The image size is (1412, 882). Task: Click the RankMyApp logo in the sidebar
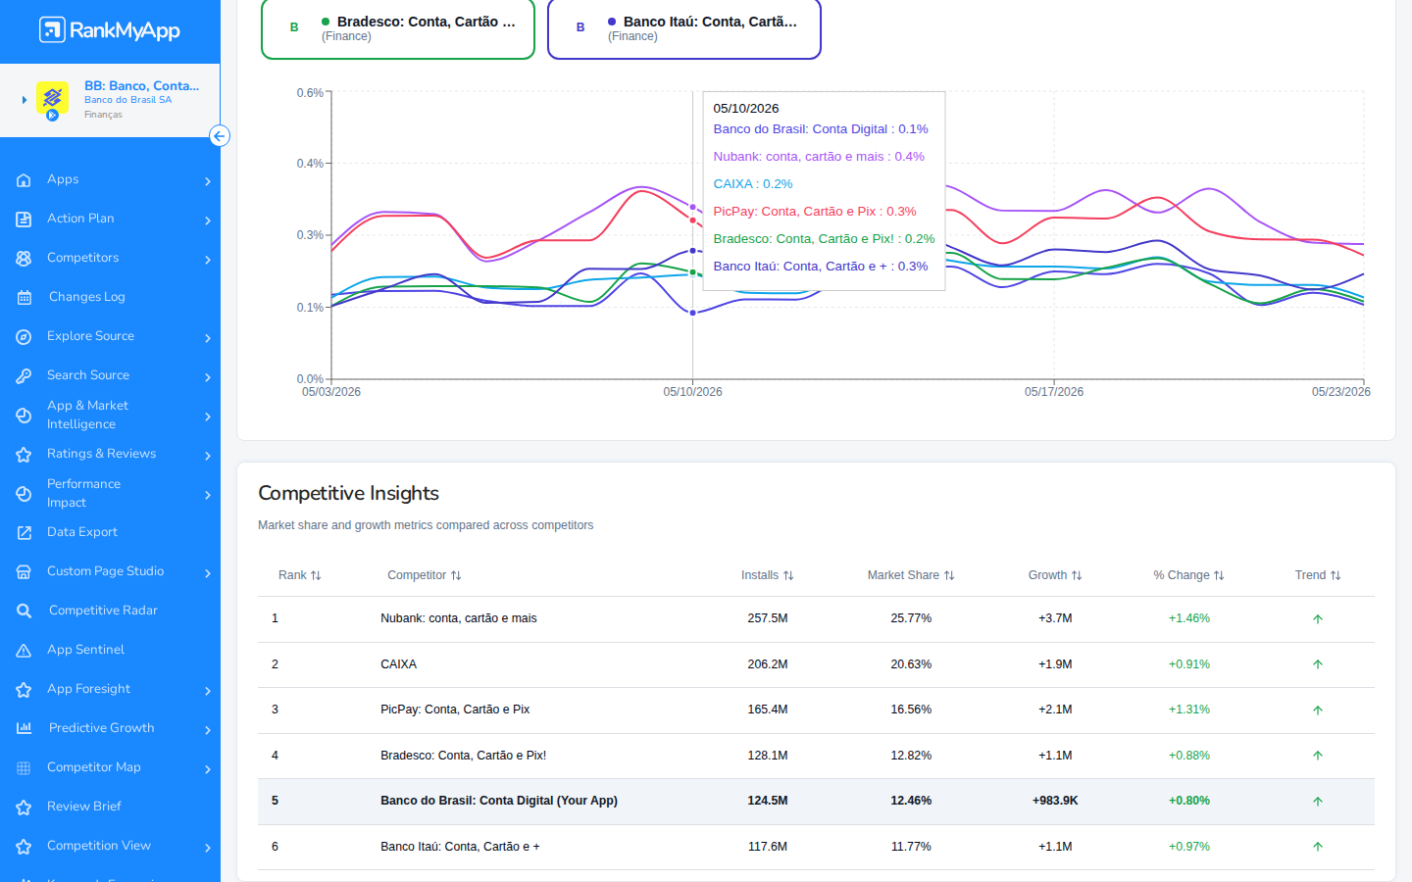coord(110,29)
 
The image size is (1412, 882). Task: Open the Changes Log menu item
coord(87,297)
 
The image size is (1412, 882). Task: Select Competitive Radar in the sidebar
coord(103,611)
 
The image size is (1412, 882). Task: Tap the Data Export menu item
coord(82,532)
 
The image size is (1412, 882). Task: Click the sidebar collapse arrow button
coord(220,136)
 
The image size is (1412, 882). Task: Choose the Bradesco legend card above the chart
coord(398,29)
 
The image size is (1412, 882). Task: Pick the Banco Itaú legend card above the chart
coord(684,29)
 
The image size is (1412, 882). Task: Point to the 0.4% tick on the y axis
coord(310,164)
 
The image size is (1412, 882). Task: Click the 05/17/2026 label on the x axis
coord(1054,392)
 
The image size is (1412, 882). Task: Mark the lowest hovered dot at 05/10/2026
coord(692,314)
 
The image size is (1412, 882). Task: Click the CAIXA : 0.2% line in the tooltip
coord(753,184)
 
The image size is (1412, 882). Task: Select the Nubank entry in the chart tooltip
coord(819,156)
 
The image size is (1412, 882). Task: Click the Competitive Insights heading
coord(348,493)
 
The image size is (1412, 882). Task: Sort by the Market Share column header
coord(911,575)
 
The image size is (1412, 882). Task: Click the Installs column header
coord(767,575)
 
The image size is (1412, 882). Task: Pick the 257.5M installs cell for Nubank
coord(767,618)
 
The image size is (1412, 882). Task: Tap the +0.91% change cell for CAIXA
coord(1188,664)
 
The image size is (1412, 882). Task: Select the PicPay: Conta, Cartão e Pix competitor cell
coord(455,710)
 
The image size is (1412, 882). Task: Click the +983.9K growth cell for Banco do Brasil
coord(1055,801)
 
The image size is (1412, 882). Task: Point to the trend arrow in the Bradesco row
coord(1318,756)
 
